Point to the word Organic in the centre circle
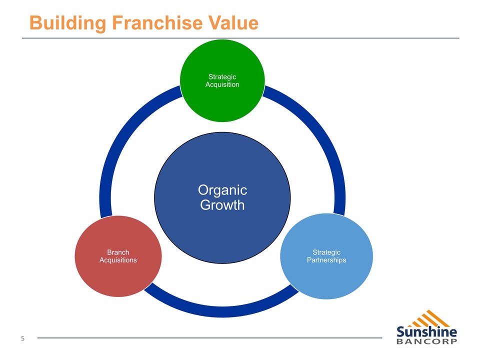[x=222, y=190]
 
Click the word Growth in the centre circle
[x=222, y=205]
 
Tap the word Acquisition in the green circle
[x=222, y=84]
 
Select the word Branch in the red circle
[x=118, y=252]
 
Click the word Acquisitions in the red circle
[x=118, y=260]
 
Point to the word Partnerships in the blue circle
[x=326, y=260]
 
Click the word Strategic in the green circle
[x=222, y=76]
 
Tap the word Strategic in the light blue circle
[x=326, y=252]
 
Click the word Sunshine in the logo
[x=426, y=332]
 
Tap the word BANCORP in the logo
[x=426, y=342]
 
